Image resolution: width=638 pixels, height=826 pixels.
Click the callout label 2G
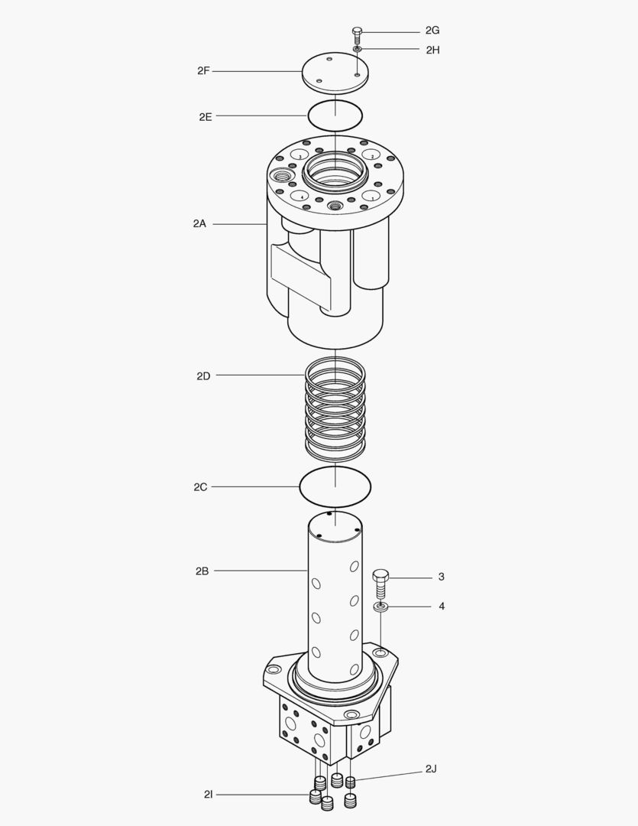pyautogui.click(x=432, y=31)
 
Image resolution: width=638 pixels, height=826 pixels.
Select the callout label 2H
pyautogui.click(x=432, y=50)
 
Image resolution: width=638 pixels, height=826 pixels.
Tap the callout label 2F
pyautogui.click(x=203, y=71)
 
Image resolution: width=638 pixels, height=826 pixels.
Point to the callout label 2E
pyautogui.click(x=205, y=117)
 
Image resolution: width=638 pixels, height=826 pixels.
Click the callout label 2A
pyautogui.click(x=199, y=224)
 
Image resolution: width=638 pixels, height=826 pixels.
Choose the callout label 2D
pyautogui.click(x=202, y=376)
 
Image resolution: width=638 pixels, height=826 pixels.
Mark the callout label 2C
pyautogui.click(x=200, y=486)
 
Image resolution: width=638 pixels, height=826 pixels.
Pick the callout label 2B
pyautogui.click(x=202, y=571)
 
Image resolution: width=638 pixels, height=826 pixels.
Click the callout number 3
pyautogui.click(x=441, y=577)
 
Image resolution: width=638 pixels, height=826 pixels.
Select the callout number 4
pyautogui.click(x=441, y=606)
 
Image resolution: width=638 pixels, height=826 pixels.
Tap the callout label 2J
pyautogui.click(x=432, y=769)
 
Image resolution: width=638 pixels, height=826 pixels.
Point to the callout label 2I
pyautogui.click(x=209, y=795)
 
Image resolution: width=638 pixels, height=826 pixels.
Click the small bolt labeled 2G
pyautogui.click(x=357, y=33)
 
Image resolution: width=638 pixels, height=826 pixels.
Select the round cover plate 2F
pyautogui.click(x=335, y=72)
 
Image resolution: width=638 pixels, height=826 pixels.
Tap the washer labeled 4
pyautogui.click(x=381, y=607)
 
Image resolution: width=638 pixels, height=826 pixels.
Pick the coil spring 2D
pyautogui.click(x=335, y=409)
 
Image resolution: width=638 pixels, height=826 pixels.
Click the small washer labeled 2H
pyautogui.click(x=357, y=49)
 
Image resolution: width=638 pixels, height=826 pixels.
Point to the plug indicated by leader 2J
pyautogui.click(x=351, y=782)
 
